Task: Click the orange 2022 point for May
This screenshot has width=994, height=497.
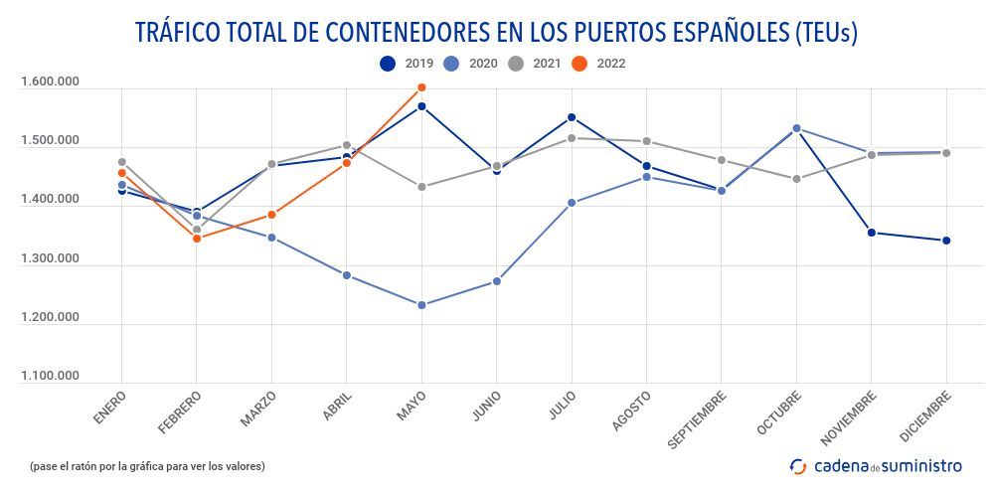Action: coord(421,87)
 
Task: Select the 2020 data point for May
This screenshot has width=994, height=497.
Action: coord(421,305)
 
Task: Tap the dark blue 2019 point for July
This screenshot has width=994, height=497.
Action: coord(572,117)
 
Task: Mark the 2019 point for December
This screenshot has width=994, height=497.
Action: coord(946,241)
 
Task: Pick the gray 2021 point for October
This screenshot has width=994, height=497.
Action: coord(796,179)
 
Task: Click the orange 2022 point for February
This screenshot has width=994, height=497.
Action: coord(197,239)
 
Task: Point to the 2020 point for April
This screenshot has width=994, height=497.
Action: coord(347,275)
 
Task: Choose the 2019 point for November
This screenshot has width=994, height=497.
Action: coord(872,233)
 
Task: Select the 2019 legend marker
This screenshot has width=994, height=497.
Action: coord(388,64)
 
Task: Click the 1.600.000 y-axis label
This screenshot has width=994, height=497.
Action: coord(49,83)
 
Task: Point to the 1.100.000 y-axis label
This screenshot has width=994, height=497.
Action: coord(49,376)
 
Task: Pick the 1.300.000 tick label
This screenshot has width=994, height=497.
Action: coord(49,258)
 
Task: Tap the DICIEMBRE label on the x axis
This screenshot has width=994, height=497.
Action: coord(924,416)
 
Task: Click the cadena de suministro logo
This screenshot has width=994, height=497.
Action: coord(876,465)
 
